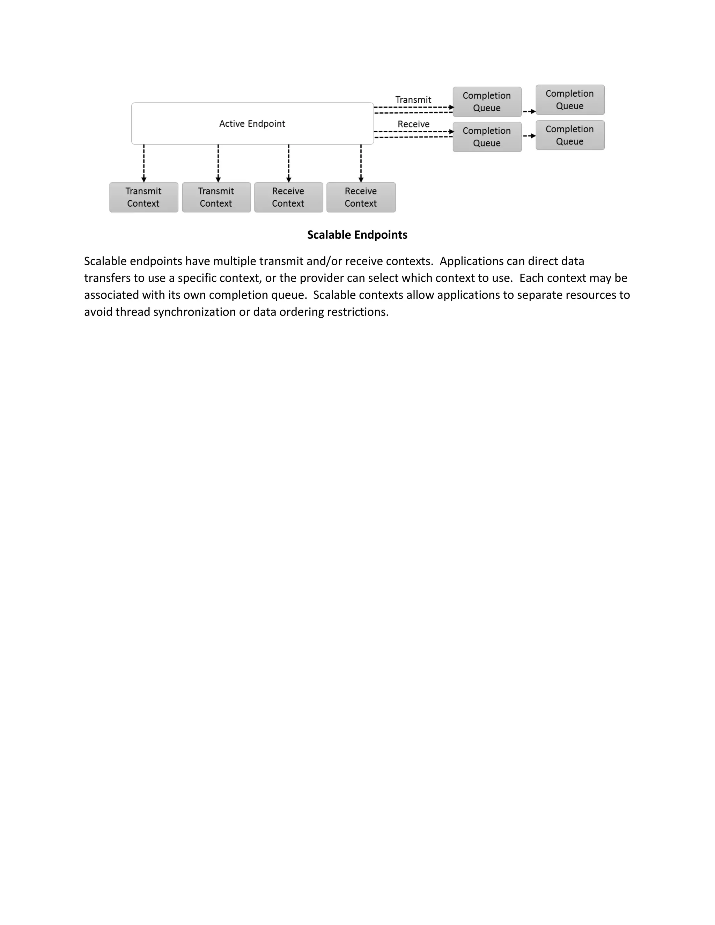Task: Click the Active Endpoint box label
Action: [252, 124]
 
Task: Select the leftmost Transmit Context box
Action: [143, 197]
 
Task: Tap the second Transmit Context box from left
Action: [216, 197]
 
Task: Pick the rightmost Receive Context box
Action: [361, 197]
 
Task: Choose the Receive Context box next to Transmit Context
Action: [288, 197]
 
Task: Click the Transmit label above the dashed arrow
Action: [413, 100]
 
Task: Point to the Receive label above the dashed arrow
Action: [413, 124]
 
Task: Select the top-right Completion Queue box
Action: [570, 100]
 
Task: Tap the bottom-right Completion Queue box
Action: [570, 135]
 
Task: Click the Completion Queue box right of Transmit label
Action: [487, 102]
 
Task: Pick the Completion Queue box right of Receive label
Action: [487, 137]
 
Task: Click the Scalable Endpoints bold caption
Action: [357, 235]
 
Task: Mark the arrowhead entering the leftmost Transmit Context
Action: [144, 179]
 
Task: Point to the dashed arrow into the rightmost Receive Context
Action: [361, 163]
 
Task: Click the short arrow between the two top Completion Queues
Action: [529, 111]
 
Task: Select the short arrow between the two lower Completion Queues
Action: [529, 136]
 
